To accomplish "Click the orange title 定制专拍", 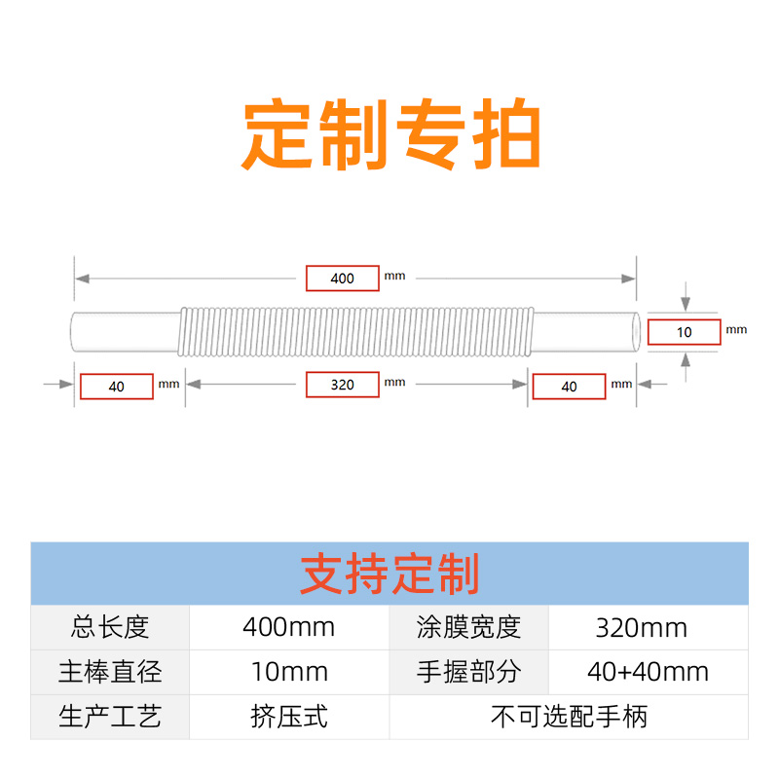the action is pyautogui.click(x=390, y=135).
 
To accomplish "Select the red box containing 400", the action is pyautogui.click(x=343, y=278).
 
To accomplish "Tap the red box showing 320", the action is pyautogui.click(x=343, y=385).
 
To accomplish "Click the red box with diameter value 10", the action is pyautogui.click(x=685, y=332).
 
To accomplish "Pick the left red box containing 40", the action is pyautogui.click(x=117, y=387).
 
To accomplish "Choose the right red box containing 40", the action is pyautogui.click(x=570, y=387).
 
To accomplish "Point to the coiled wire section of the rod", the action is pyautogui.click(x=356, y=331).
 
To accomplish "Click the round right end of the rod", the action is pyautogui.click(x=636, y=332).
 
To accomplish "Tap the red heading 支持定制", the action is pyautogui.click(x=389, y=575).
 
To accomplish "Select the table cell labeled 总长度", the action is pyautogui.click(x=110, y=627).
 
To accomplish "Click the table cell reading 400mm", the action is pyautogui.click(x=288, y=627).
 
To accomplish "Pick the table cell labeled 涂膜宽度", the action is pyautogui.click(x=469, y=627).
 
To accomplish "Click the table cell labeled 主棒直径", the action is pyautogui.click(x=110, y=672).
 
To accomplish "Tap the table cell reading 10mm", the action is pyautogui.click(x=288, y=672).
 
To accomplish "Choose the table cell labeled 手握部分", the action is pyautogui.click(x=469, y=672).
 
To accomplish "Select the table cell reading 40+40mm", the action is pyautogui.click(x=649, y=672).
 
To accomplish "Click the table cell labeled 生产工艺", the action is pyautogui.click(x=110, y=718).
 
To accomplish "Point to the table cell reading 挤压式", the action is pyautogui.click(x=288, y=718).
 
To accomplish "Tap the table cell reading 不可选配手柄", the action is pyautogui.click(x=569, y=718).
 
